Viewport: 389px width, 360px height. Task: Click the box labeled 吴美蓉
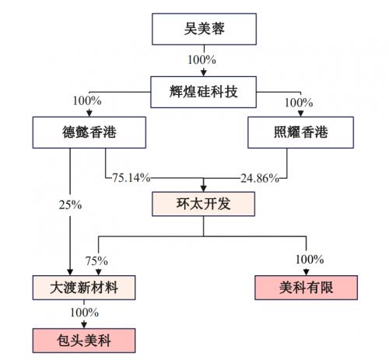click(204, 29)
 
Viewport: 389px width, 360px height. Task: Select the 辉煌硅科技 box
click(204, 92)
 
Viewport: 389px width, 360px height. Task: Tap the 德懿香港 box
click(89, 132)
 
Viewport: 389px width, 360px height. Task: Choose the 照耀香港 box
click(300, 132)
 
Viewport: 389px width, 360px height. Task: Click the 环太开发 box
click(203, 204)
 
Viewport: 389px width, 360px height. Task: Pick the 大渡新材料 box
click(84, 288)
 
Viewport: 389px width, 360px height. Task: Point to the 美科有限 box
click(306, 288)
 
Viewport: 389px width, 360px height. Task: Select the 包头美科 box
click(84, 341)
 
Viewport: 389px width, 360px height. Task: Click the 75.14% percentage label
click(131, 178)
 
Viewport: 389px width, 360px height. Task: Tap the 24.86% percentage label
click(260, 178)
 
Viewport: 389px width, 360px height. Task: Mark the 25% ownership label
click(70, 204)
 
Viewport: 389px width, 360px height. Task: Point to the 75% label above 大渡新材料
click(96, 260)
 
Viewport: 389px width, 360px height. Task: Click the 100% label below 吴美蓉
click(202, 60)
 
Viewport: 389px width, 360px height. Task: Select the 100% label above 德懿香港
click(87, 101)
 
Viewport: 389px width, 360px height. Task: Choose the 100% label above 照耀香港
click(299, 103)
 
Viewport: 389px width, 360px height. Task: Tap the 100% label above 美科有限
click(310, 259)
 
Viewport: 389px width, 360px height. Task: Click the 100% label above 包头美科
click(84, 313)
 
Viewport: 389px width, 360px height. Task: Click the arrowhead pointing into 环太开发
click(204, 188)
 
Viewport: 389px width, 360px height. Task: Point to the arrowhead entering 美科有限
click(307, 272)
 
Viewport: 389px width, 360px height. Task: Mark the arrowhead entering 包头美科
click(84, 325)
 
